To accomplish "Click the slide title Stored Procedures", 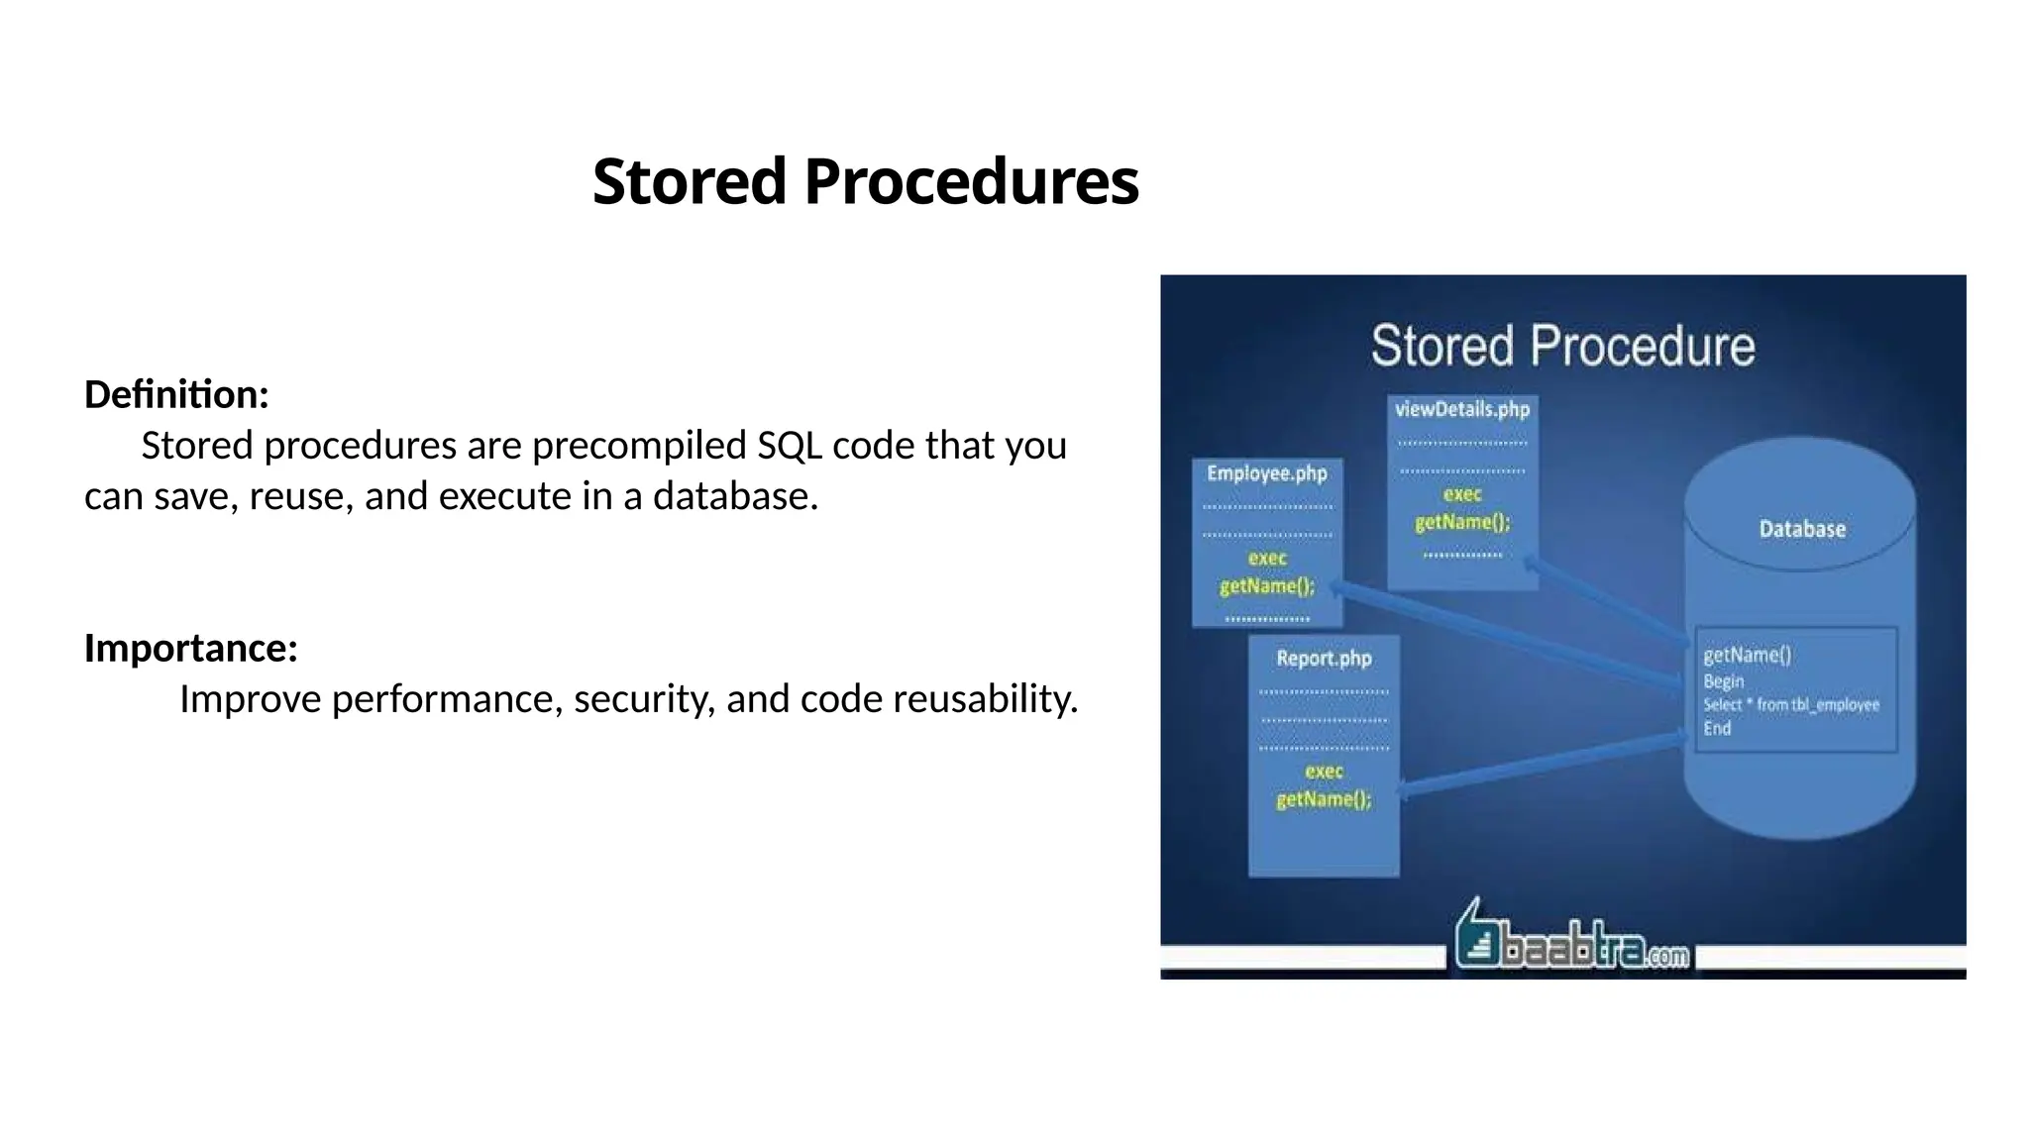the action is (x=865, y=182).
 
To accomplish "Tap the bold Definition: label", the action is (x=176, y=394).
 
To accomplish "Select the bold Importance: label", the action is (x=191, y=648).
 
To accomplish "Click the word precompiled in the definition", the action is (x=639, y=446).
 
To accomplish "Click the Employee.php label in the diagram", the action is (x=1266, y=473).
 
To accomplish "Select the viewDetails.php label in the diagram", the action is (x=1461, y=409).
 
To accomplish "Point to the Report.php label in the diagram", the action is (x=1324, y=659).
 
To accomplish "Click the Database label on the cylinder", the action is (x=1801, y=529).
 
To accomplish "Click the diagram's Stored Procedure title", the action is (x=1562, y=346).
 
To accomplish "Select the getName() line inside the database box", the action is (x=1747, y=655).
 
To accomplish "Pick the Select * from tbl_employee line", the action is (x=1790, y=704).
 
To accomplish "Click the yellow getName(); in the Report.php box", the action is (x=1324, y=799).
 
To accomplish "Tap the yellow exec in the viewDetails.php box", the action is (x=1461, y=494).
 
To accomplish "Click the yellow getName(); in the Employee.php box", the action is (x=1266, y=586).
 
